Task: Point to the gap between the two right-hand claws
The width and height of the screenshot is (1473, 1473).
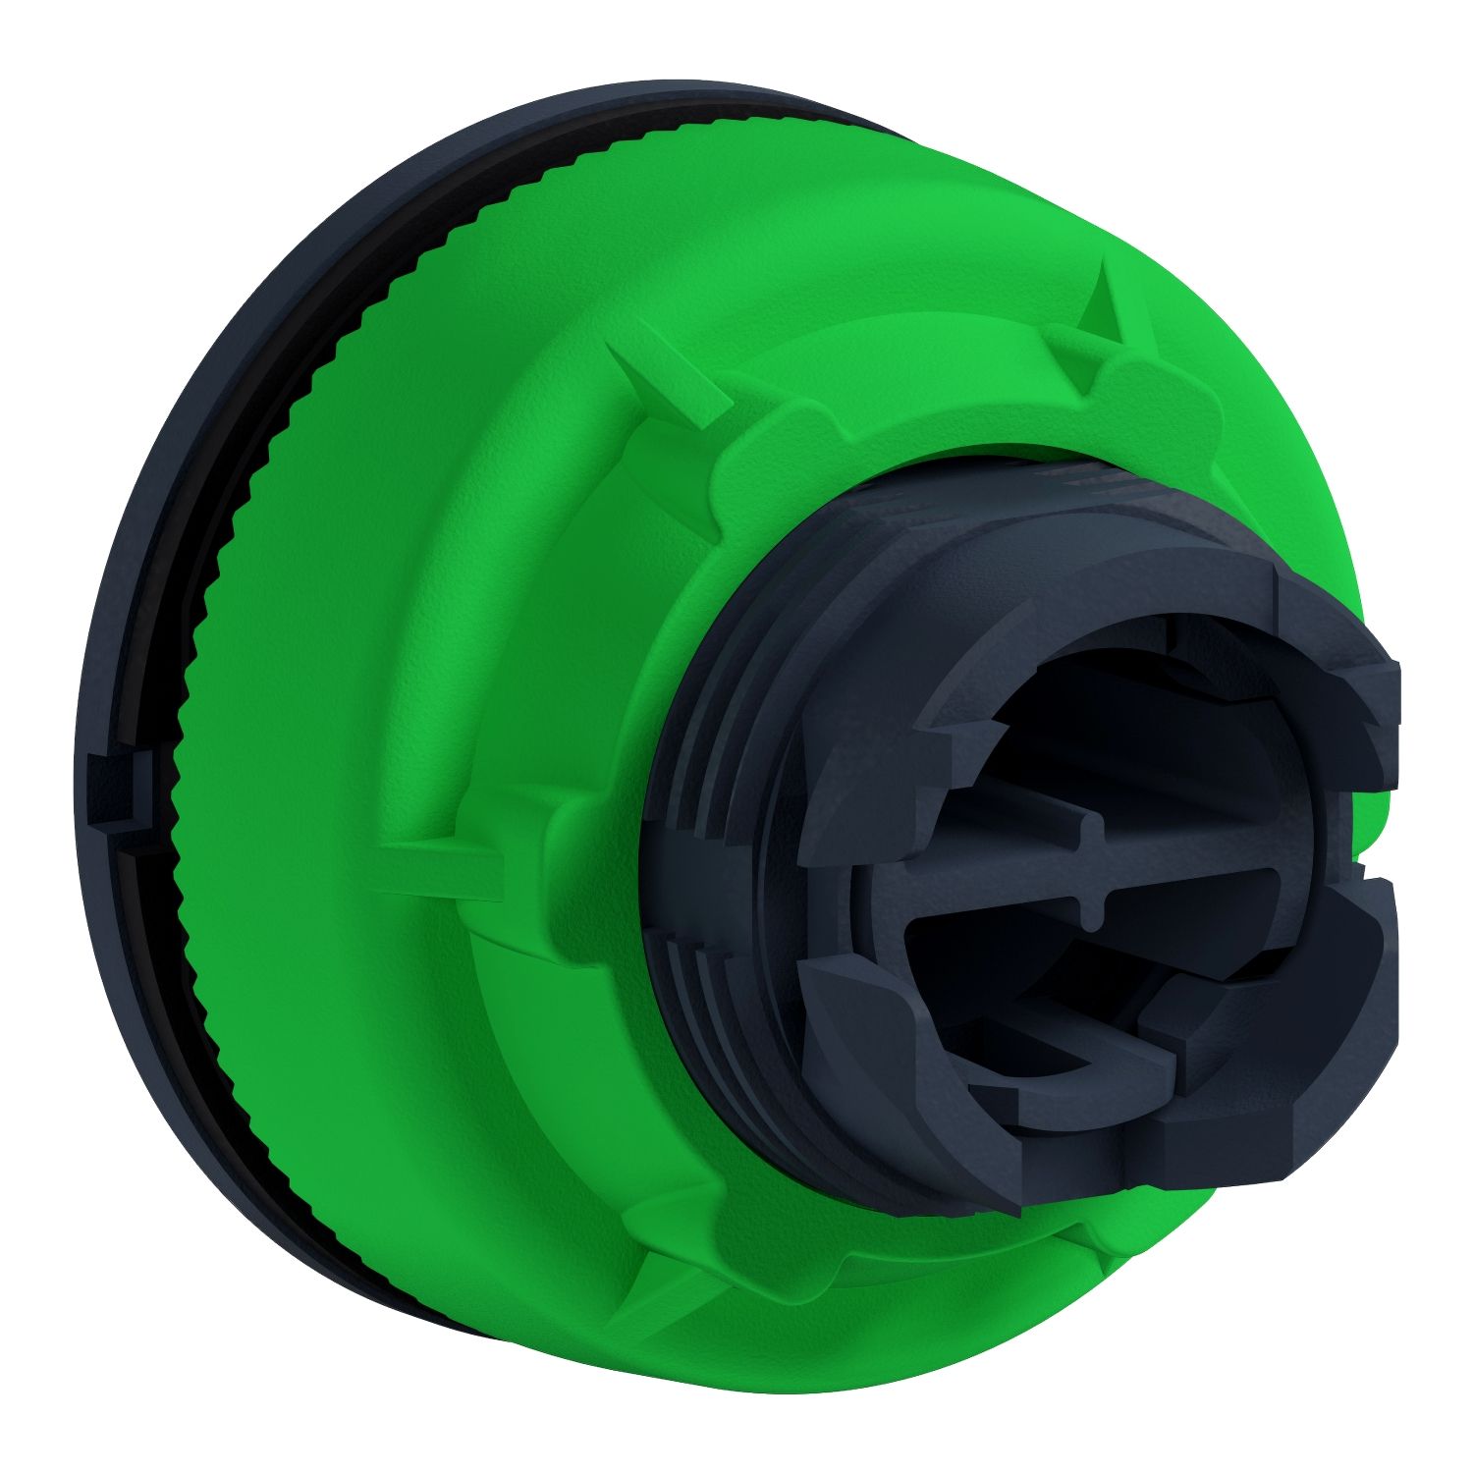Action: [x=1375, y=864]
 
